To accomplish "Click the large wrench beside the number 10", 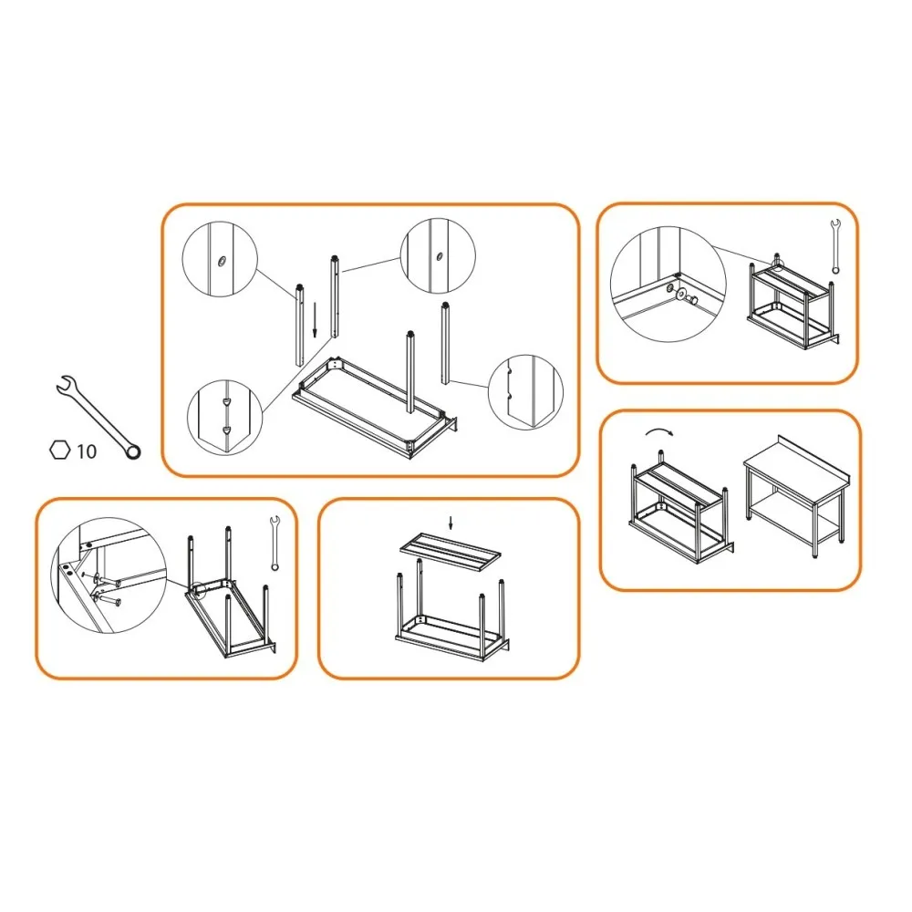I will (97, 414).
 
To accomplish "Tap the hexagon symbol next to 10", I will (59, 450).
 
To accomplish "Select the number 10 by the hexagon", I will (87, 451).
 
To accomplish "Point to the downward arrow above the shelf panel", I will (450, 523).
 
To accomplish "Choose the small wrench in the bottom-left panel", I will (273, 544).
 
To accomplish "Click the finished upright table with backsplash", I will (794, 502).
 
